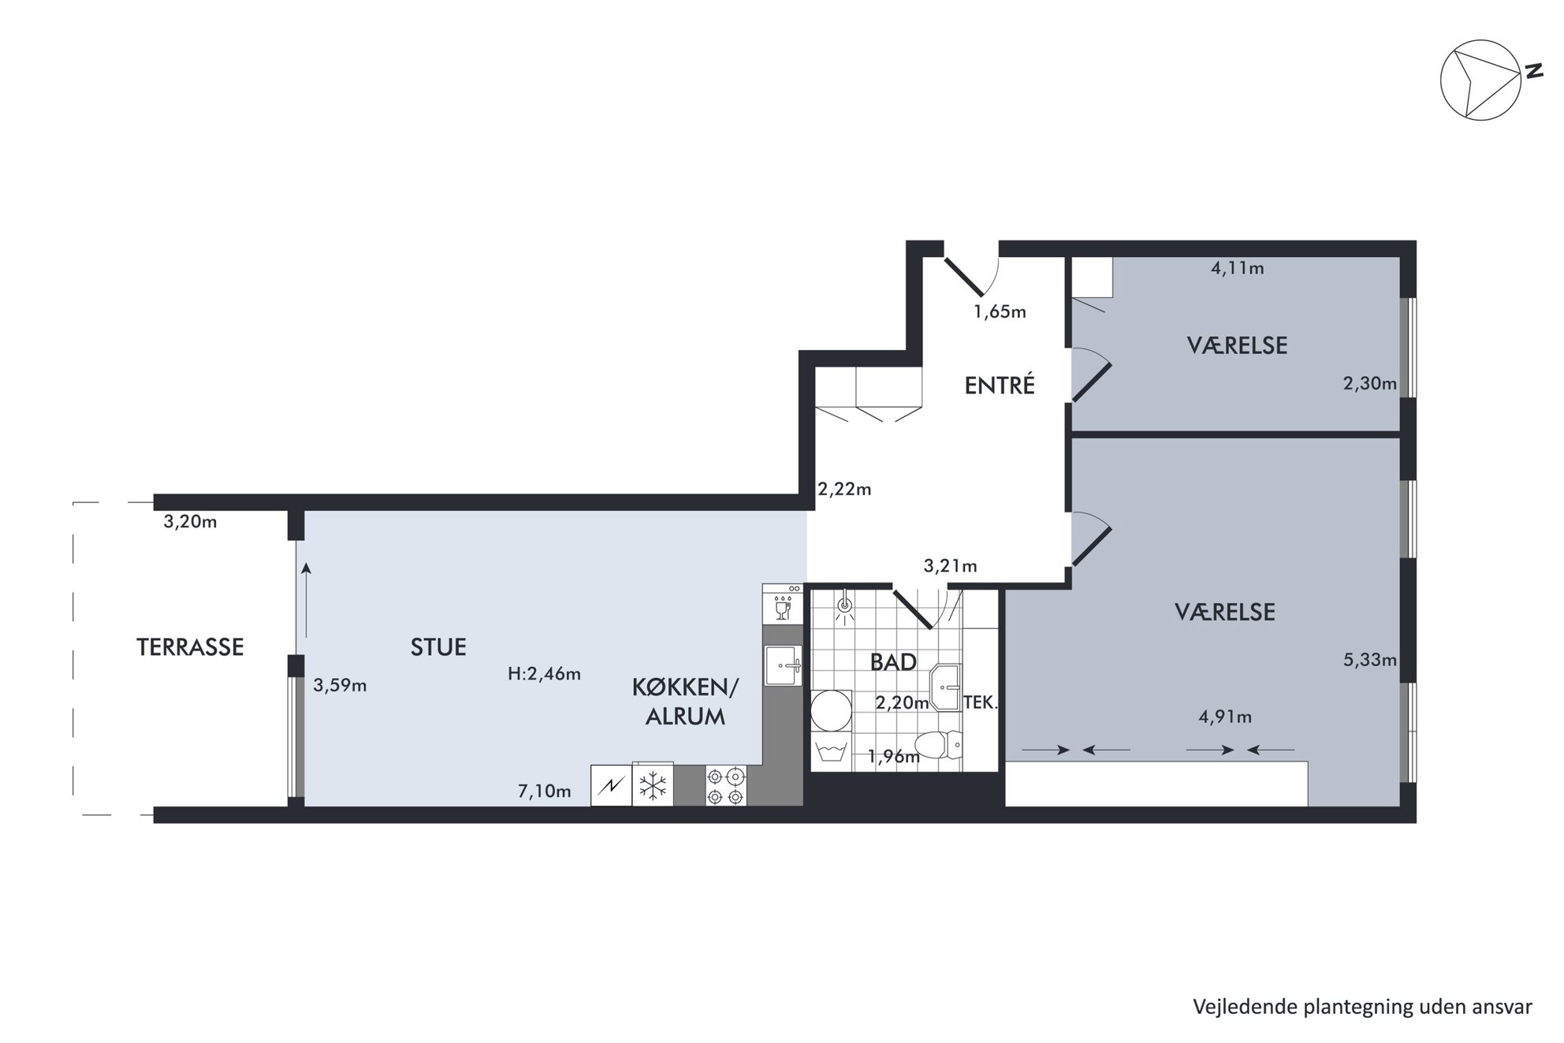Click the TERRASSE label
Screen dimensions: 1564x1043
190,647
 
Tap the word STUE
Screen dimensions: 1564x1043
438,647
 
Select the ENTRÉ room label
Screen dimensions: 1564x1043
1000,386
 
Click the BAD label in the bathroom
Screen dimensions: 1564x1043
893,662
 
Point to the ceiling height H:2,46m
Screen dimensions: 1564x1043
545,674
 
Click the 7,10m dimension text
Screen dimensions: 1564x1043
545,792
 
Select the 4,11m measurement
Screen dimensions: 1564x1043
1238,268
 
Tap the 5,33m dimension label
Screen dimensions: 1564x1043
1370,660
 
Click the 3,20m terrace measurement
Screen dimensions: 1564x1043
190,521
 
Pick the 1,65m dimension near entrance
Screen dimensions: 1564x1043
1000,311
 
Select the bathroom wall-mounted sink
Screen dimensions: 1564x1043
945,687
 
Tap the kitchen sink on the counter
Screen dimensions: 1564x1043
784,666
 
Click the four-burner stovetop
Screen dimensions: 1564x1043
725,786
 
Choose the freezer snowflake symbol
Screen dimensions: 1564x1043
653,785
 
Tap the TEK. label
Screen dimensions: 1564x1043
981,702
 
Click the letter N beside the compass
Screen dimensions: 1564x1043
1533,71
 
